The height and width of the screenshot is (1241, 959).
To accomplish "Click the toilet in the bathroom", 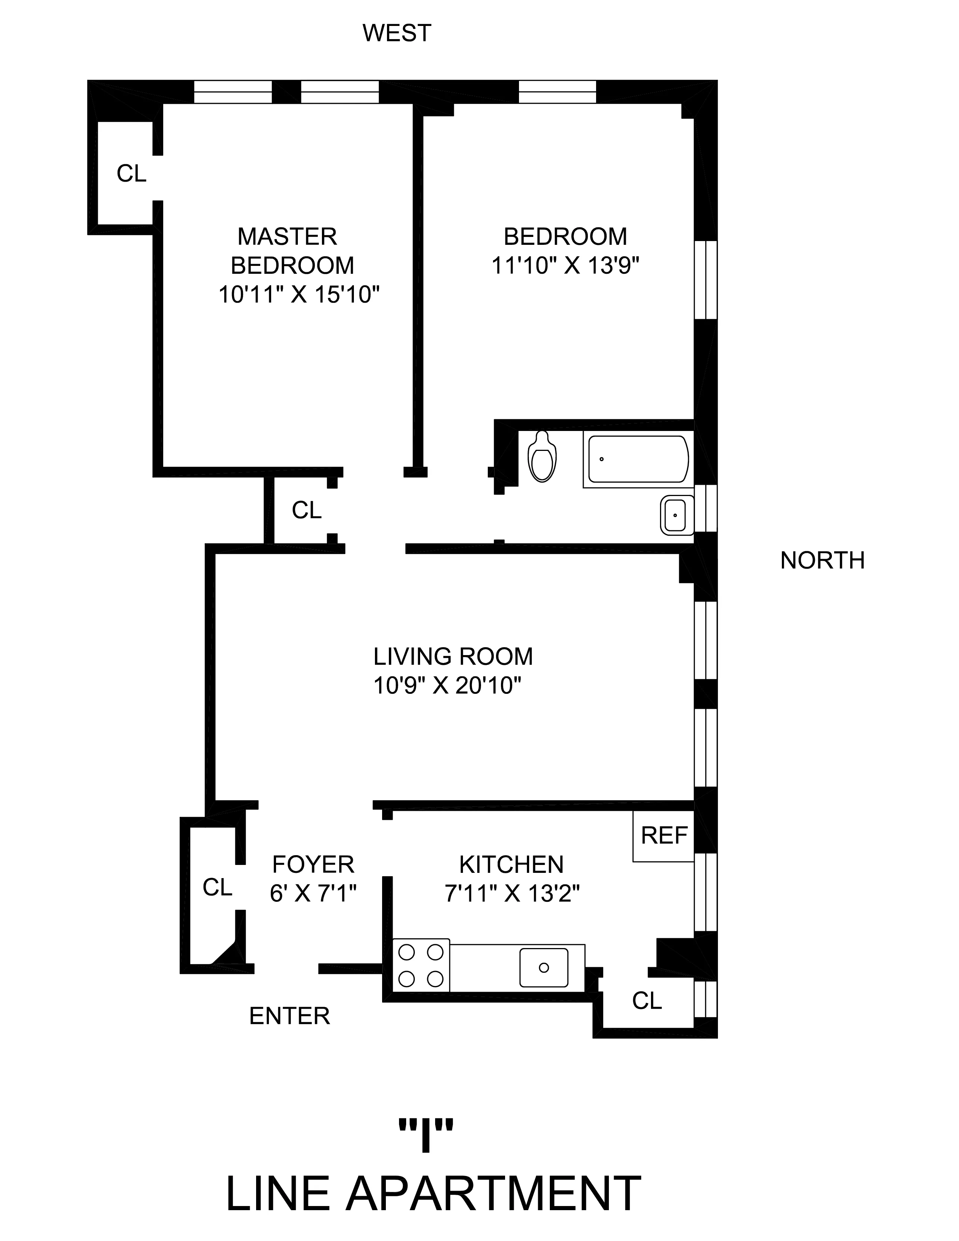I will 542,457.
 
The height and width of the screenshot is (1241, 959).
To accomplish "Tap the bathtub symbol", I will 638,460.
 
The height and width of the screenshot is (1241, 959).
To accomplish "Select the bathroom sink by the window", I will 677,515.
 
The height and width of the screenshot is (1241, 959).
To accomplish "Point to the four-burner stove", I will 421,965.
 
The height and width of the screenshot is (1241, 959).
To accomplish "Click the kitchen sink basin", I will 544,968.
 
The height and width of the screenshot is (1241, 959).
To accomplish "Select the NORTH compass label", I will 822,561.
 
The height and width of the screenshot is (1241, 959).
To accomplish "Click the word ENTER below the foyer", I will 289,1016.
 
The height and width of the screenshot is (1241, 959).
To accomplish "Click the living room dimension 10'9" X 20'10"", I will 447,686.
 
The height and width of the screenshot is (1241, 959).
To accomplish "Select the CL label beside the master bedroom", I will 131,173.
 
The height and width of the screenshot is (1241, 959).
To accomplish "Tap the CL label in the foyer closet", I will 218,887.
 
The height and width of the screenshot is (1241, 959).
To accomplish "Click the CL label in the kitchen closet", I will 647,1001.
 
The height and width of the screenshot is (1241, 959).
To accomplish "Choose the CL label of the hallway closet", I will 307,510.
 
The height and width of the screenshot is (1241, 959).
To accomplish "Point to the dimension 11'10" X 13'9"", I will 565,265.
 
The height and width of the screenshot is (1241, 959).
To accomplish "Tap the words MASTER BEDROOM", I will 290,250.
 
